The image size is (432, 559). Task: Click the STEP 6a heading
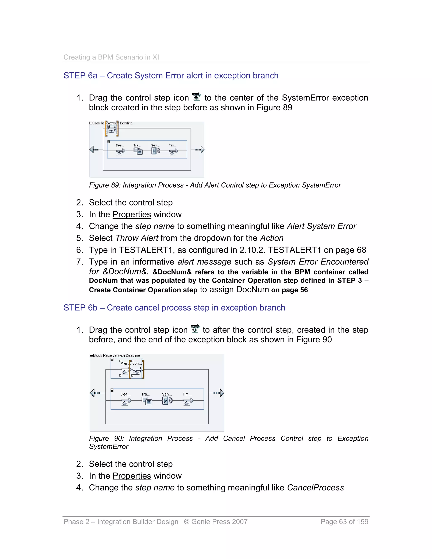click(171, 76)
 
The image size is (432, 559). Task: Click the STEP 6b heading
click(174, 308)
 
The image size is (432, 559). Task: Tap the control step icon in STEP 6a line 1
click(197, 97)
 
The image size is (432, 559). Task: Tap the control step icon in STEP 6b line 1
click(195, 329)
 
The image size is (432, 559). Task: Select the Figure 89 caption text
click(215, 185)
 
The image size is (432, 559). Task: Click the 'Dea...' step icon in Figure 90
click(126, 402)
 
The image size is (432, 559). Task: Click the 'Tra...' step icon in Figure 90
click(147, 401)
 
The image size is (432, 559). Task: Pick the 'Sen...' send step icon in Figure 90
click(167, 401)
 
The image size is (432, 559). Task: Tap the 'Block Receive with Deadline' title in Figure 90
click(116, 355)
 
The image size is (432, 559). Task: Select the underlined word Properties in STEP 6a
click(132, 215)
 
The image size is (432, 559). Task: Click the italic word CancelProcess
click(315, 487)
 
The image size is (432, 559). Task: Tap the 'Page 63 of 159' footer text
click(344, 522)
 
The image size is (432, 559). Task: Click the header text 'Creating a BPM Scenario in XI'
click(111, 57)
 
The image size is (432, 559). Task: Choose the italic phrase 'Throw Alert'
click(137, 238)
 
